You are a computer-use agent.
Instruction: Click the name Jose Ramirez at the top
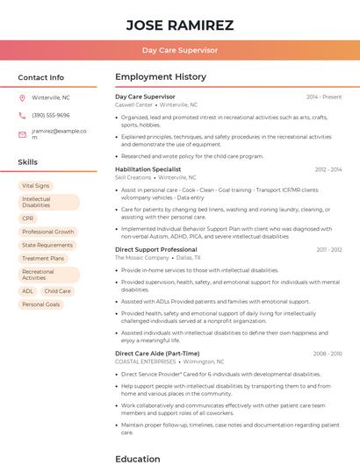tap(179, 25)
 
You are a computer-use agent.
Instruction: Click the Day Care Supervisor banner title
tap(179, 50)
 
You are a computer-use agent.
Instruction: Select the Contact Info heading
tap(41, 77)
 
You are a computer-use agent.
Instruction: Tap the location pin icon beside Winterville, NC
tap(22, 97)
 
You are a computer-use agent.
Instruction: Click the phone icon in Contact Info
tap(22, 115)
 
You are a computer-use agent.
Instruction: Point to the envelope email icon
tap(22, 134)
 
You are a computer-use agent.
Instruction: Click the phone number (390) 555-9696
tap(50, 115)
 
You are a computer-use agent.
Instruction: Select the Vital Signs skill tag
tap(36, 186)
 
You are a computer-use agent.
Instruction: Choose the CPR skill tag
tap(28, 218)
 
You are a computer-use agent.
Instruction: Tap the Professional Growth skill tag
tap(48, 232)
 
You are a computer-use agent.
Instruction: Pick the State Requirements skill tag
tap(47, 245)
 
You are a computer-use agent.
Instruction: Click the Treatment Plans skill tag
tap(43, 259)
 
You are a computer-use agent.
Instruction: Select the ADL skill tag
tap(28, 291)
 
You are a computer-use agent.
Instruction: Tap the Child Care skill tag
tap(58, 291)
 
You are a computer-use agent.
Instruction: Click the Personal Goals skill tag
tap(41, 304)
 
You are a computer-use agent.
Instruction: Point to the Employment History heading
tap(161, 77)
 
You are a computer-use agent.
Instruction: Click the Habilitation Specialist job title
tap(148, 169)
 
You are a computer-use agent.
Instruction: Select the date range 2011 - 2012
tap(329, 250)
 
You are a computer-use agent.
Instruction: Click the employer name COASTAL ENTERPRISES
tap(146, 361)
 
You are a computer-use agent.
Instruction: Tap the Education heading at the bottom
tap(138, 458)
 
